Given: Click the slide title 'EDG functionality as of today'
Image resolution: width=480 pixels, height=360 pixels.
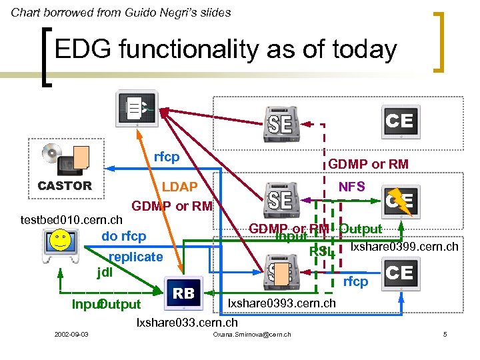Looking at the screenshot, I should (225, 50).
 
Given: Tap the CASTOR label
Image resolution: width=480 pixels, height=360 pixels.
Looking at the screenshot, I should (65, 186).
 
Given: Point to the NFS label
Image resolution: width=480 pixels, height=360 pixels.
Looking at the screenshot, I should (351, 187).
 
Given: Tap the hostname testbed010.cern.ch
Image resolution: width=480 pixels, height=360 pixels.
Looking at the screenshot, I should (71, 219).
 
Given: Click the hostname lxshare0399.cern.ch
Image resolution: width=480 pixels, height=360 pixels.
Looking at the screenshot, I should (404, 247).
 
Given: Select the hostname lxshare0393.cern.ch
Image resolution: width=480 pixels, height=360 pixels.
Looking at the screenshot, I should (282, 304).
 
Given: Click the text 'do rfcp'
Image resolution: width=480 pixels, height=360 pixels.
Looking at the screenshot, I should (123, 236).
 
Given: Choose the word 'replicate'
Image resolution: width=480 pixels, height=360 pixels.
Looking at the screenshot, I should (135, 257).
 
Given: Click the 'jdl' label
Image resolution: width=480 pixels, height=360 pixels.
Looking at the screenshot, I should (105, 272).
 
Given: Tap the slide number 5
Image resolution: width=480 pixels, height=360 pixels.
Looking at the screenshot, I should (445, 333).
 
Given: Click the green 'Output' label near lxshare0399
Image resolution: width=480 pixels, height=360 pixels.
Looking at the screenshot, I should (361, 229).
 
